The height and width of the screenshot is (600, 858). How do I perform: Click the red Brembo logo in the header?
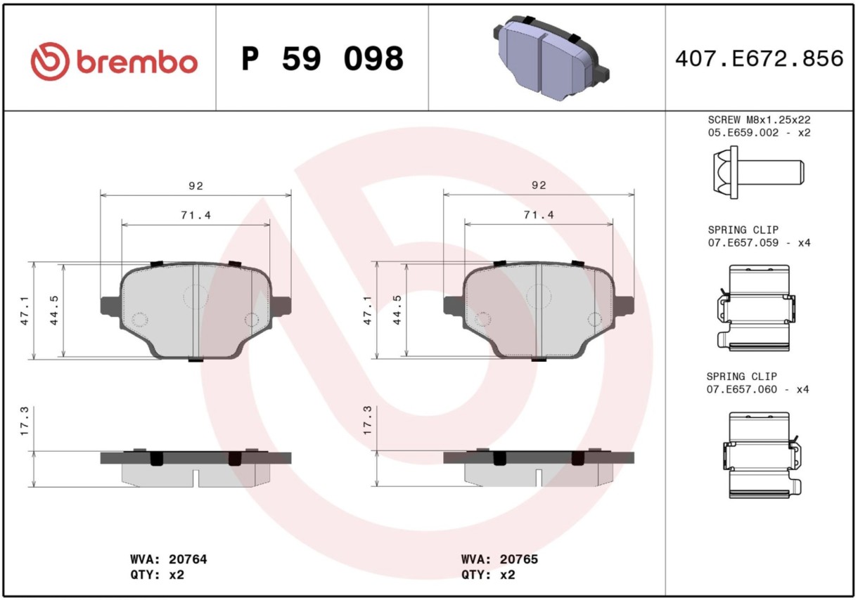(114, 61)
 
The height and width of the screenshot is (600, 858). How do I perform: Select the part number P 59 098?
(323, 58)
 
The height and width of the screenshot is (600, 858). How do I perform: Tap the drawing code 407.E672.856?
(759, 58)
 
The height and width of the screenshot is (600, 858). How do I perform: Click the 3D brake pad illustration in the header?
(551, 58)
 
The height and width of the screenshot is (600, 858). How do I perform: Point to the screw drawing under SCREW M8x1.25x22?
(758, 172)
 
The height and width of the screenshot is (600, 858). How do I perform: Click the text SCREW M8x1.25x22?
(759, 119)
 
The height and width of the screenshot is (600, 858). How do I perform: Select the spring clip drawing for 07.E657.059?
(756, 308)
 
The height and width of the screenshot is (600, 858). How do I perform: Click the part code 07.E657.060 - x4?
(757, 389)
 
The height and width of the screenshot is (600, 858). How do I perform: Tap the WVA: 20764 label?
(169, 559)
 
